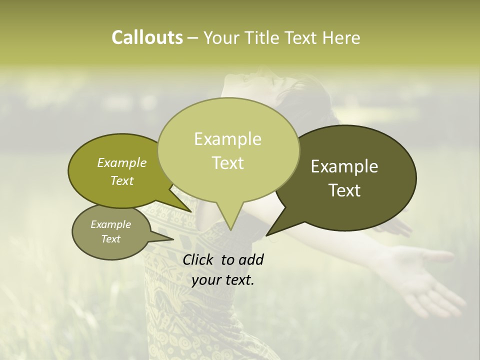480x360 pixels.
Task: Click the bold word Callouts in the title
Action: (147, 37)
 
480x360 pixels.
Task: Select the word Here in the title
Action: (341, 37)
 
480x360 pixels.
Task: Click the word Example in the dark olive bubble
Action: (344, 166)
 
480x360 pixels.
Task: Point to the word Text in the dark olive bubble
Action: (344, 190)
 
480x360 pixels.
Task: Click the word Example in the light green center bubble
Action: (227, 139)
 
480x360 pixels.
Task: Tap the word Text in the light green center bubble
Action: (227, 163)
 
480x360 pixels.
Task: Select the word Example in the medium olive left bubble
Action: (121, 163)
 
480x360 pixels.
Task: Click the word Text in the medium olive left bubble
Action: (121, 181)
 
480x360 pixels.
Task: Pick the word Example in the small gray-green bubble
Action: (110, 224)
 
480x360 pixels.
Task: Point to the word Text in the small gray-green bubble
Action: (110, 239)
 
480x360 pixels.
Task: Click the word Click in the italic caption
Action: (199, 259)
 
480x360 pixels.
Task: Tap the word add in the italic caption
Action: (251, 259)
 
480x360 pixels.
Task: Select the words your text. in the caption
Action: (223, 280)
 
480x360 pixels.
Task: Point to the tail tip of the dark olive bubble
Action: (267, 234)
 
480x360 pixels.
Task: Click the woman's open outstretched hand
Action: (425, 275)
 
